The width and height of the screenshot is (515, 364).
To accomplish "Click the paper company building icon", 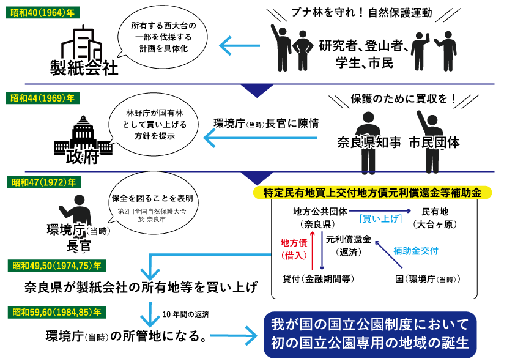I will pyautogui.click(x=85, y=42).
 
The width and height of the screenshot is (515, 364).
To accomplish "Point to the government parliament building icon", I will pyautogui.click(x=83, y=133).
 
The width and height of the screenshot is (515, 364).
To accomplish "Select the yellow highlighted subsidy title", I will pyautogui.click(x=372, y=192).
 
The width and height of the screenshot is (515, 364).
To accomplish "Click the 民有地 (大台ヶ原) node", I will pyautogui.click(x=437, y=218).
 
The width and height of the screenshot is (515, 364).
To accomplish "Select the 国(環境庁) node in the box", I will pyautogui.click(x=428, y=279).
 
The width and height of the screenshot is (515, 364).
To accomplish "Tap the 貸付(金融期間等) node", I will pyautogui.click(x=318, y=279).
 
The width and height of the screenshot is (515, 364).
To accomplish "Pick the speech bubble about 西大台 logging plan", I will pyautogui.click(x=165, y=38).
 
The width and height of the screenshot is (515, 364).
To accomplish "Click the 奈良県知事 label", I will pyautogui.click(x=369, y=143).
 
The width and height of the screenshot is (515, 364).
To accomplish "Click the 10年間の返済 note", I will pyautogui.click(x=186, y=315).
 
